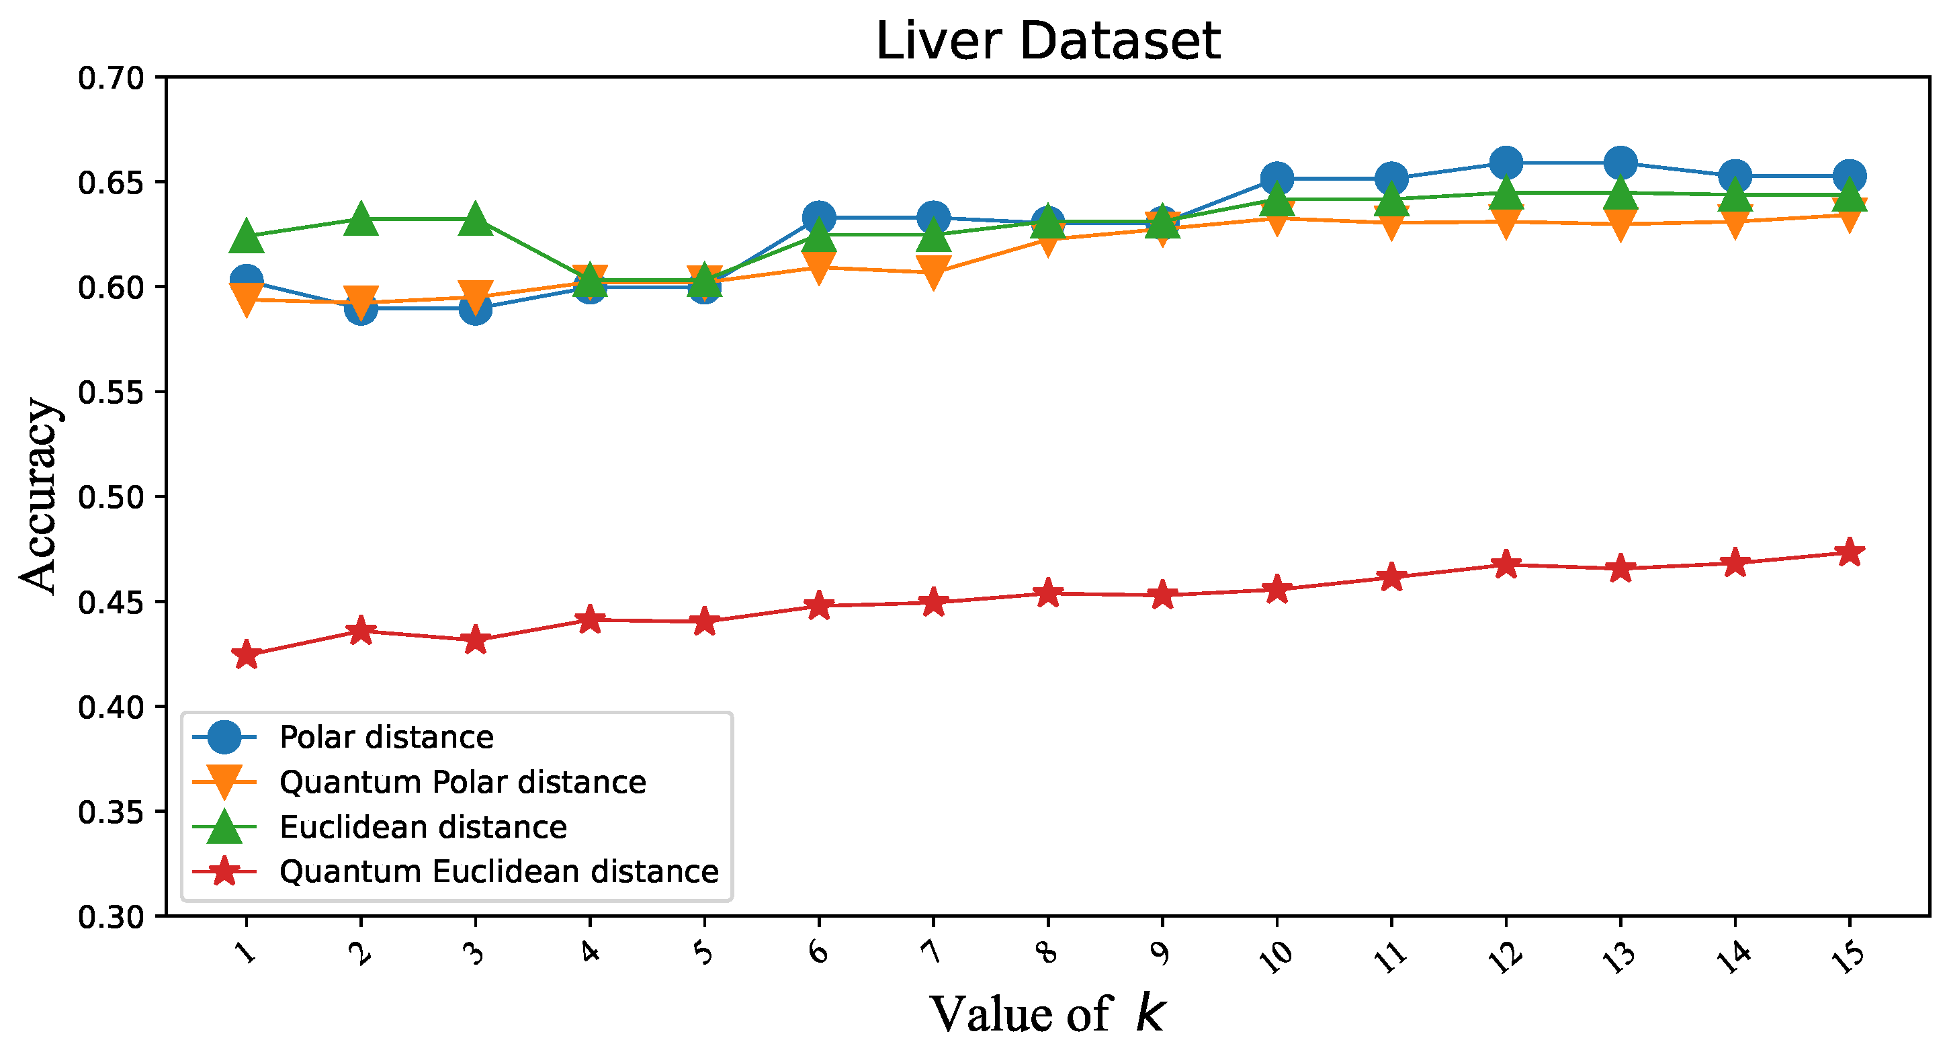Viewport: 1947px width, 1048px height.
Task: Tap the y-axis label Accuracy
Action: click(39, 496)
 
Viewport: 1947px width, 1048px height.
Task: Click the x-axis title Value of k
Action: click(1047, 1013)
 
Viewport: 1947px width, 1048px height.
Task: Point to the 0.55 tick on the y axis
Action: click(111, 392)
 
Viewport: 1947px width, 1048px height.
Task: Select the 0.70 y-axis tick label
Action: click(111, 78)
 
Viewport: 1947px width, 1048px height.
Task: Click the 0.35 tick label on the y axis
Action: click(111, 812)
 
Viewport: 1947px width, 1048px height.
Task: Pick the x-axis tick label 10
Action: click(1277, 956)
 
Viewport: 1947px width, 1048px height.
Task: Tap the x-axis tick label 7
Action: click(933, 951)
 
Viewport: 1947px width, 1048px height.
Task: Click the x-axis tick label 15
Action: click(1849, 956)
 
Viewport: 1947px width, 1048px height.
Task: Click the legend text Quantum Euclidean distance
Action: click(499, 871)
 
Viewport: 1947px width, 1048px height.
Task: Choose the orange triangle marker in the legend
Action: click(224, 781)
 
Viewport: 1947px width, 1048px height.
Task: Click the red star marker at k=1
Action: click(247, 654)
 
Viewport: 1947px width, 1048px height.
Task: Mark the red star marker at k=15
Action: click(1850, 552)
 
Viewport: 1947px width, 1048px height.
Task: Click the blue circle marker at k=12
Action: click(1506, 163)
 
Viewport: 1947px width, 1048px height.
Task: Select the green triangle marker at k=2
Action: click(361, 219)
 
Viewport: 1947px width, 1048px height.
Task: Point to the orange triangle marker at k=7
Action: click(933, 272)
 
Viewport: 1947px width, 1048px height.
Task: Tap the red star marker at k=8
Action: click(1047, 593)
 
